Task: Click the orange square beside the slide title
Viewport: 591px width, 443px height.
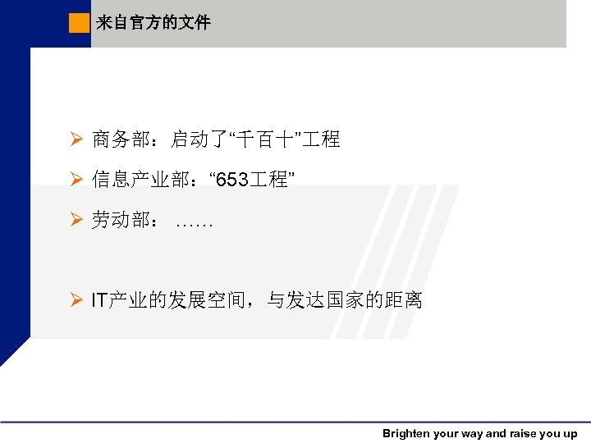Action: pyautogui.click(x=79, y=23)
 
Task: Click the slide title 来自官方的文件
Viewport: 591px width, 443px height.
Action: pyautogui.click(x=153, y=23)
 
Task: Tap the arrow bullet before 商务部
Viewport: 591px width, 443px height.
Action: pyautogui.click(x=75, y=139)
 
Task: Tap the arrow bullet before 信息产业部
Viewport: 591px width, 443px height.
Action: pyautogui.click(x=75, y=179)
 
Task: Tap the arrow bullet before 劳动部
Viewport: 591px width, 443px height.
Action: pyautogui.click(x=75, y=220)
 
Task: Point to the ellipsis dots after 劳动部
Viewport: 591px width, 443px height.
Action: pyautogui.click(x=195, y=221)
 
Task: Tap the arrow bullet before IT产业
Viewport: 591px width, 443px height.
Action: pyautogui.click(x=75, y=300)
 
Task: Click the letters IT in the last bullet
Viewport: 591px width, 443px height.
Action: pyautogui.click(x=98, y=300)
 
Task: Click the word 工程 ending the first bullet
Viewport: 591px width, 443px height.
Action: pyautogui.click(x=319, y=139)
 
